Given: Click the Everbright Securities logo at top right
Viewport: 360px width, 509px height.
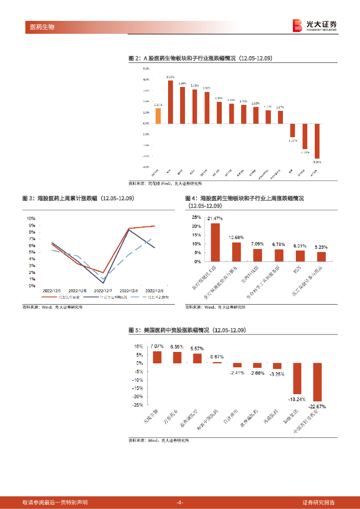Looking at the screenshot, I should pyautogui.click(x=315, y=25).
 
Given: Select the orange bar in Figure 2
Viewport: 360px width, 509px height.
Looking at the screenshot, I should pyautogui.click(x=158, y=115).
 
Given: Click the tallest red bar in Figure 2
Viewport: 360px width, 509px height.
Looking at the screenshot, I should pyautogui.click(x=170, y=102).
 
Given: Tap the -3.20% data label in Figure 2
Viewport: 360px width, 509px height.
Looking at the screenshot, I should pyautogui.click(x=317, y=162).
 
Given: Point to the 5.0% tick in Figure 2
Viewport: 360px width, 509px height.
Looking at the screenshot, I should pyautogui.click(x=147, y=69).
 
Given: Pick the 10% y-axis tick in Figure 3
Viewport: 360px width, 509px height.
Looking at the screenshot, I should pyautogui.click(x=30, y=218).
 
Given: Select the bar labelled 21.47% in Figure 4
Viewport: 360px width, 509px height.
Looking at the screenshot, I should pyautogui.click(x=215, y=242).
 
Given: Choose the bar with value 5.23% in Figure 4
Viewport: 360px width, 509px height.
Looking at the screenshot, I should pyautogui.click(x=321, y=256).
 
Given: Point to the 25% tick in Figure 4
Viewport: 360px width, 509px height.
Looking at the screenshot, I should pyautogui.click(x=197, y=218).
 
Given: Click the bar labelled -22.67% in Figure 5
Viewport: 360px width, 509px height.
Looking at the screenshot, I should pyautogui.click(x=317, y=382).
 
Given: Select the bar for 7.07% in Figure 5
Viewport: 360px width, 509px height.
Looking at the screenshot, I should pyautogui.click(x=157, y=357).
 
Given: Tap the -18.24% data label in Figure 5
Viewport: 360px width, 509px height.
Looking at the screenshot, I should pyautogui.click(x=297, y=399).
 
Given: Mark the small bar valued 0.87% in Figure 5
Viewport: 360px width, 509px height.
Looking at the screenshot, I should pyautogui.click(x=217, y=362).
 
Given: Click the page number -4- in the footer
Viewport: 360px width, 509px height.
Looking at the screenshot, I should pyautogui.click(x=180, y=502).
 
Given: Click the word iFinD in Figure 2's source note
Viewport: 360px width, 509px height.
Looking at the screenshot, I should pyautogui.click(x=167, y=183).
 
